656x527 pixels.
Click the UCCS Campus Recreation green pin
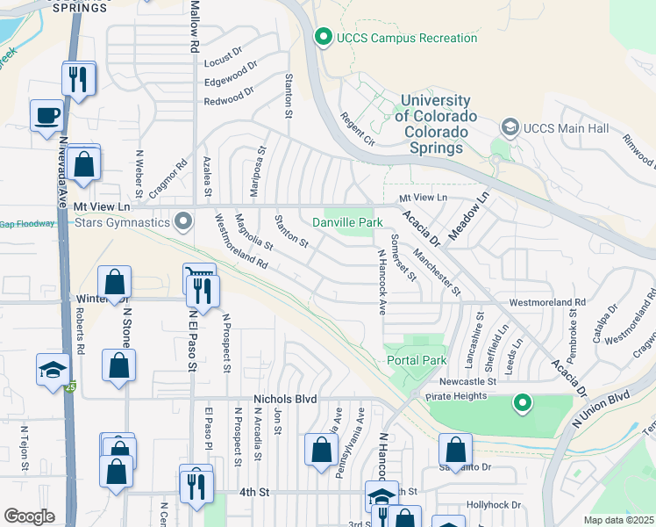coord(324,37)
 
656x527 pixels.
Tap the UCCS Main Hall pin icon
coord(510,128)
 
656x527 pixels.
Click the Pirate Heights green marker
coord(523,404)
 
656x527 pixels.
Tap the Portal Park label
coord(417,360)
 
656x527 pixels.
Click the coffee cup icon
coord(46,115)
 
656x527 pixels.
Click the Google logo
coord(28,516)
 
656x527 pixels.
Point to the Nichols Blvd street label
coord(284,399)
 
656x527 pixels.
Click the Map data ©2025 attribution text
coord(618,520)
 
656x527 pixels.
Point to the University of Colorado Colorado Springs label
coord(435,125)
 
